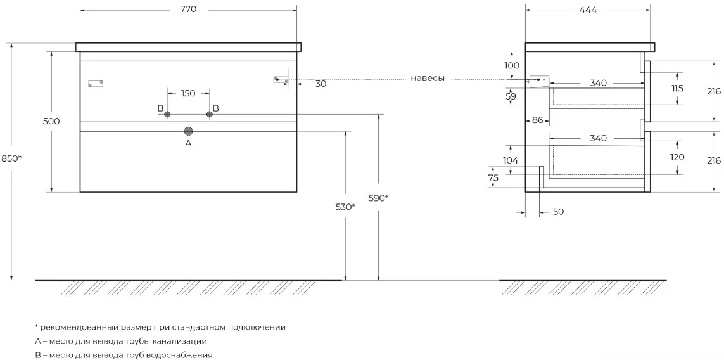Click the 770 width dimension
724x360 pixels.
(188, 10)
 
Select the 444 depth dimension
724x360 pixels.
(588, 10)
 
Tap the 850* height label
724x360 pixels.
(12, 158)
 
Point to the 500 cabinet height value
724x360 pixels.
(51, 122)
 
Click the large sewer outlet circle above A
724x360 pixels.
(188, 131)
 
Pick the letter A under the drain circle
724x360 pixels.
(188, 144)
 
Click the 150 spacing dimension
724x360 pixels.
(188, 93)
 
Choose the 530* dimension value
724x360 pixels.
(345, 207)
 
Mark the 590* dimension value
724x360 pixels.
(379, 198)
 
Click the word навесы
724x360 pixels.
(428, 79)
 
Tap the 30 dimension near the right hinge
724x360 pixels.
(321, 84)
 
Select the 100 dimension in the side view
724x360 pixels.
(512, 66)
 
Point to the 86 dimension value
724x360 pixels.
(538, 120)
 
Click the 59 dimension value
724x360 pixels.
(511, 96)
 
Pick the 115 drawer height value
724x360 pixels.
(677, 88)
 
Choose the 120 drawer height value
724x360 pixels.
(677, 158)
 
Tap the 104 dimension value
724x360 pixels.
(511, 160)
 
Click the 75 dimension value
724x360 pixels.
(493, 178)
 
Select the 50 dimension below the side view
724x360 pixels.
(558, 212)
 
